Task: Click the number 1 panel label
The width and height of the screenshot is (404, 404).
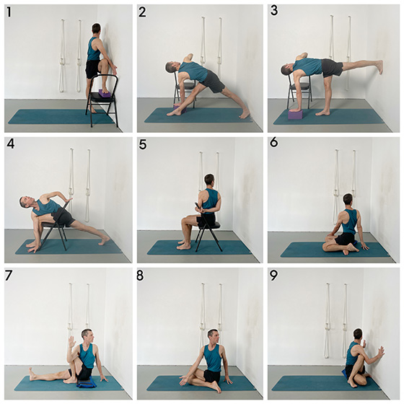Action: (x=9, y=12)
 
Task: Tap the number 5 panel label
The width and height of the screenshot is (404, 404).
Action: (x=143, y=145)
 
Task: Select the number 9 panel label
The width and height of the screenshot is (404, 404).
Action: (x=273, y=276)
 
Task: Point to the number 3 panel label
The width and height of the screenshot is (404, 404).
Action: (x=274, y=11)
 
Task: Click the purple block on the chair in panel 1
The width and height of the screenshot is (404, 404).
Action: (x=105, y=93)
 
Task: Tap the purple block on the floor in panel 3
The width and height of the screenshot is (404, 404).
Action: (x=295, y=114)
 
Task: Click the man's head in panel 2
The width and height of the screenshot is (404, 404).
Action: (x=171, y=67)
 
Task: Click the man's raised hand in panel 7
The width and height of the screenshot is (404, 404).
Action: (x=72, y=342)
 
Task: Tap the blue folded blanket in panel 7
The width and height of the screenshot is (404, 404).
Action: (x=87, y=384)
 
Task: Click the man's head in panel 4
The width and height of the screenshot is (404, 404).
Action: (x=25, y=202)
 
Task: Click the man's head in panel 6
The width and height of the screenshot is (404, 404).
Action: (x=348, y=200)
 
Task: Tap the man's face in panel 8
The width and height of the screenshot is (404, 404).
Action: (x=214, y=336)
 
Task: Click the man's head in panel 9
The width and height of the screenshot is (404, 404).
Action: (x=358, y=335)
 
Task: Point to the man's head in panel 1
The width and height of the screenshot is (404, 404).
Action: (x=97, y=30)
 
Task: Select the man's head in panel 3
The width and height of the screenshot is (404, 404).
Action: (x=285, y=70)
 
